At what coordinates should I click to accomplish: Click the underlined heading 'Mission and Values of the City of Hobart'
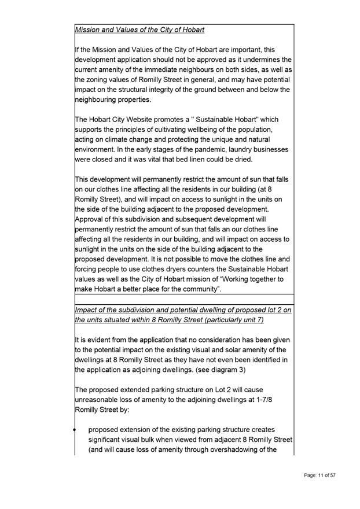[x=139, y=29]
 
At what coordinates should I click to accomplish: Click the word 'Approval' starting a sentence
[x=92, y=219]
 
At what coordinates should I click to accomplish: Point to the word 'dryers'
[x=180, y=269]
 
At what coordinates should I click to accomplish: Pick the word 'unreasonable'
[x=101, y=400]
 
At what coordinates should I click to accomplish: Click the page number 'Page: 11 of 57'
[x=320, y=475]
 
